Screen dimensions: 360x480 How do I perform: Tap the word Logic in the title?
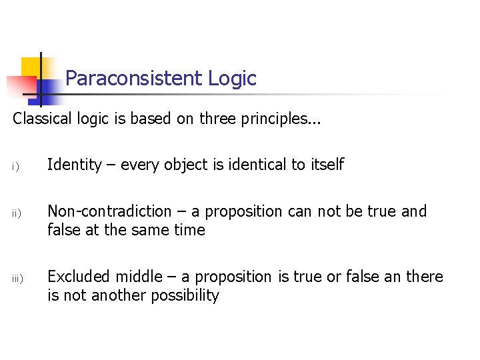pos(232,79)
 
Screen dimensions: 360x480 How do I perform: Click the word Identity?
pos(74,165)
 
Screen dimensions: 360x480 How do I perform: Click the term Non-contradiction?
pos(109,211)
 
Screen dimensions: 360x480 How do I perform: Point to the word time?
pos(190,230)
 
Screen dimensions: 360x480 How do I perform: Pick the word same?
pos(155,231)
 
